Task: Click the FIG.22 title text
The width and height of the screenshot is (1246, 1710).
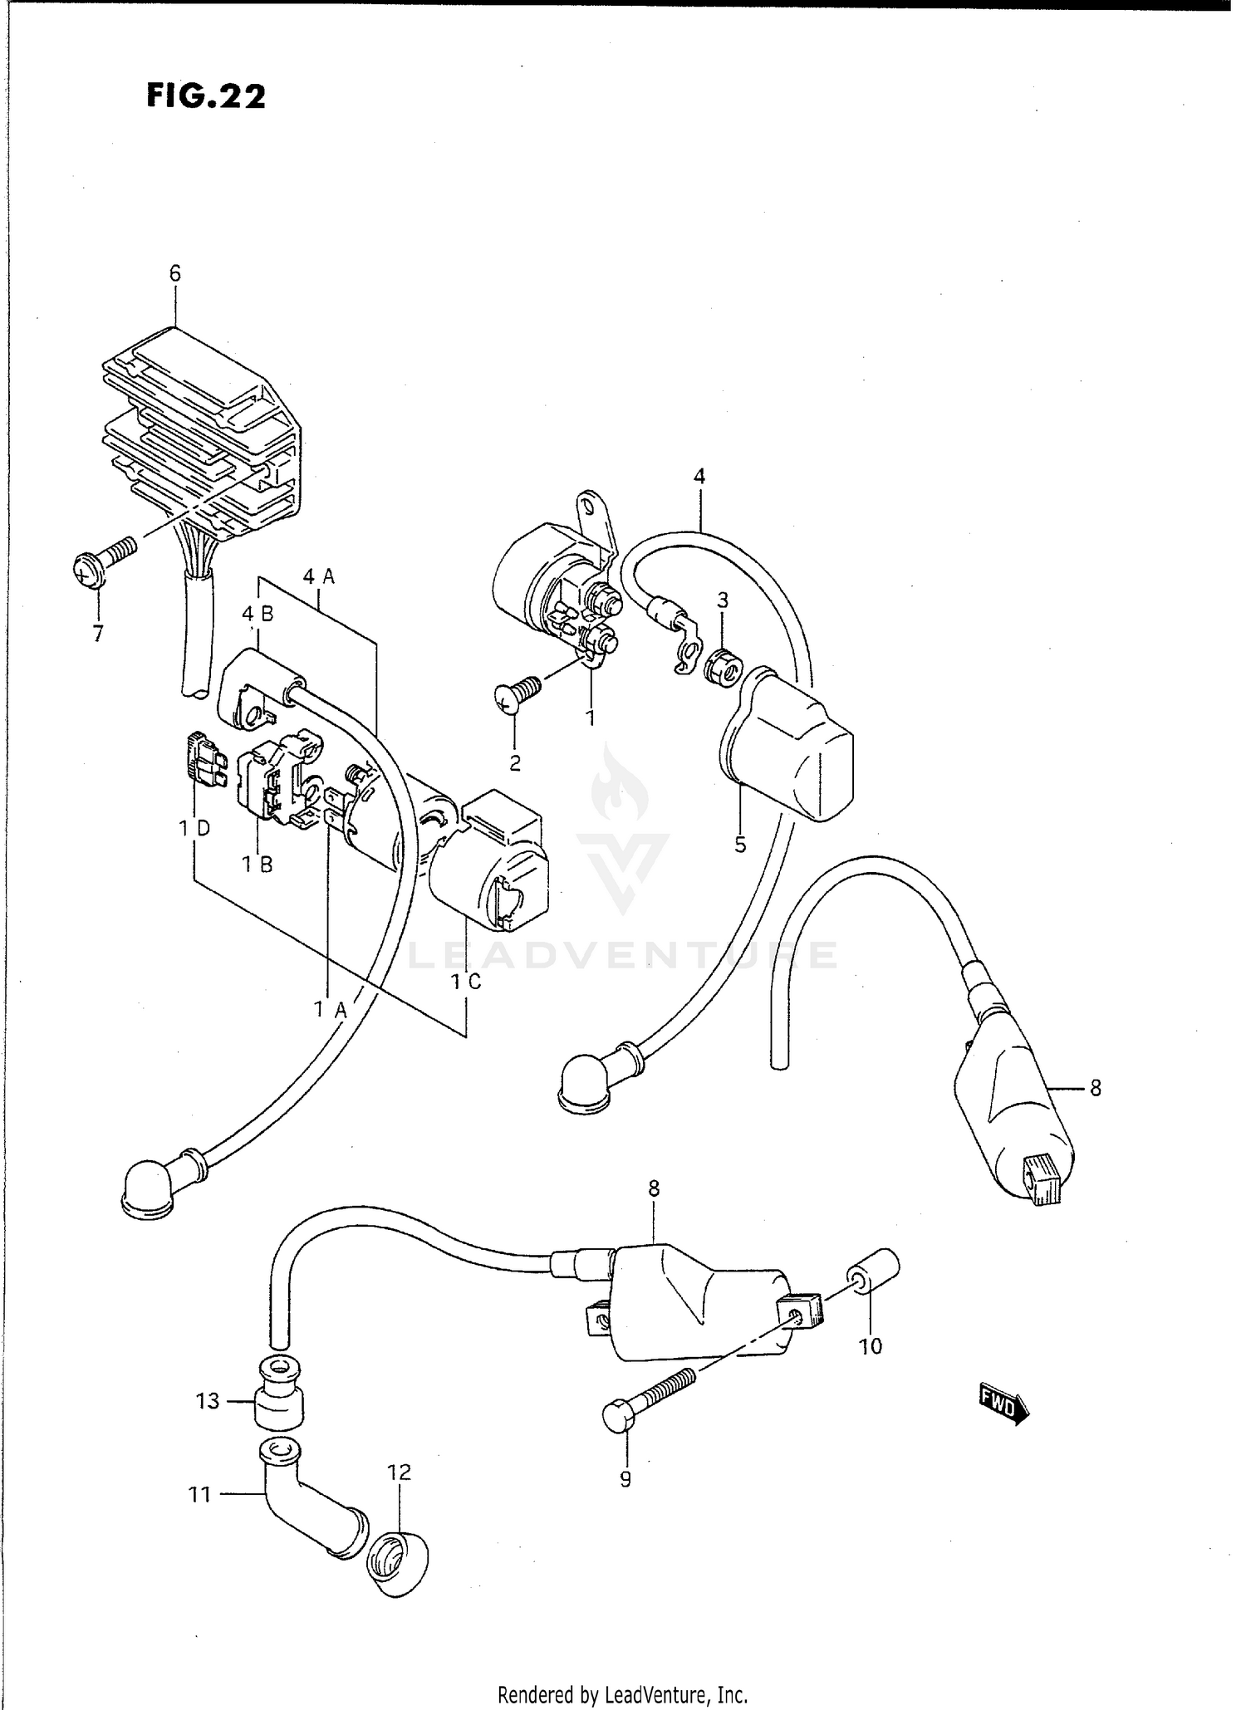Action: pos(206,97)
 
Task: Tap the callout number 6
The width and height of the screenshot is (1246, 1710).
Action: pos(174,273)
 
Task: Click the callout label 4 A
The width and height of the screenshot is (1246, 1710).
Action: pos(319,576)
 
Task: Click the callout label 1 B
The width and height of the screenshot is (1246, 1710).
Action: pos(258,865)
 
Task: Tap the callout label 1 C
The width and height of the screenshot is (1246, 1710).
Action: pos(466,981)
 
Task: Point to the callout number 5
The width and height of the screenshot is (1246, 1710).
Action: pos(740,845)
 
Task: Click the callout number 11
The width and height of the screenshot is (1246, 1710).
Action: pos(199,1495)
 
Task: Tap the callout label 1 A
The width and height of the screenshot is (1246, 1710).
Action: pos(330,1009)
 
